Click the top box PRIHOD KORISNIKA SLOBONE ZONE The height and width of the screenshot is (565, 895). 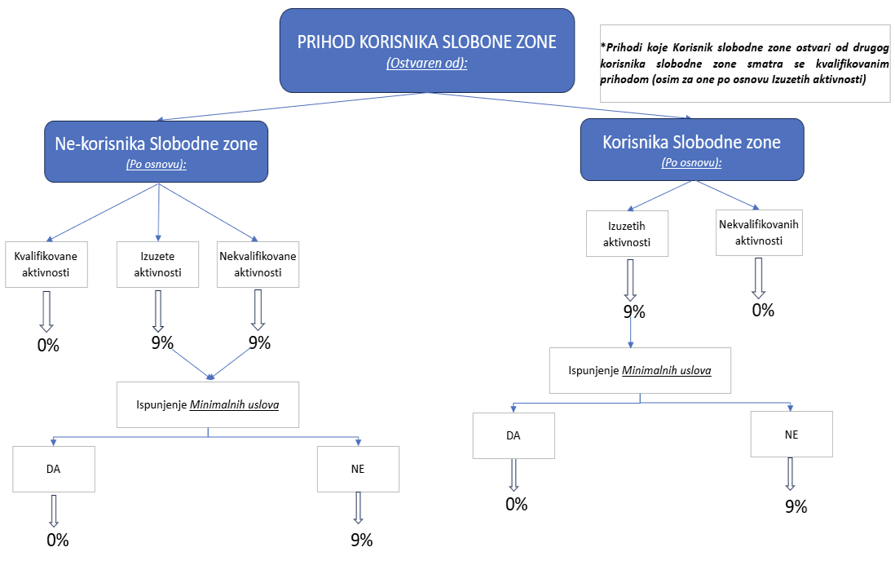427,51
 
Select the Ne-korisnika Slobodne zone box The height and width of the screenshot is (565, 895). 156,152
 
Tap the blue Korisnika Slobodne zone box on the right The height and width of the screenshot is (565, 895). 692,149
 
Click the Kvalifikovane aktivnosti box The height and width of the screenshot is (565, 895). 46,264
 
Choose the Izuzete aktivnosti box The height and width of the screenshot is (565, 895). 157,264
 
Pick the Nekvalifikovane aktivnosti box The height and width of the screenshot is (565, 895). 258,264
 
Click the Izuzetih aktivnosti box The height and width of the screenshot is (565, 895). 627,233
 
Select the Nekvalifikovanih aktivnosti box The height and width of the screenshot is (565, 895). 759,232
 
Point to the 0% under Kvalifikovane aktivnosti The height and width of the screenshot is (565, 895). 48,346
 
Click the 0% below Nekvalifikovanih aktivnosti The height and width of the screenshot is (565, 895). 763,311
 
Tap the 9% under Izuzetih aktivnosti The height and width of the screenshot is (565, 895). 634,312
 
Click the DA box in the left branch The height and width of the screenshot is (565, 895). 54,469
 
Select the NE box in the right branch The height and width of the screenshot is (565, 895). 791,435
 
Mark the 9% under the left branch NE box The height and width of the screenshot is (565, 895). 362,541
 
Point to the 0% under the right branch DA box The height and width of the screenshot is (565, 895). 517,505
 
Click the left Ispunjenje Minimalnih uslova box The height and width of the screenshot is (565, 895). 208,404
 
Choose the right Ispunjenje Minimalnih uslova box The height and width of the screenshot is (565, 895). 640,370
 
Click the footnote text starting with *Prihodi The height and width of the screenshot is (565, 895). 745,64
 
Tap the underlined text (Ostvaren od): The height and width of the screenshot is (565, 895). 427,63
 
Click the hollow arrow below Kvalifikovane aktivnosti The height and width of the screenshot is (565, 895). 46,311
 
